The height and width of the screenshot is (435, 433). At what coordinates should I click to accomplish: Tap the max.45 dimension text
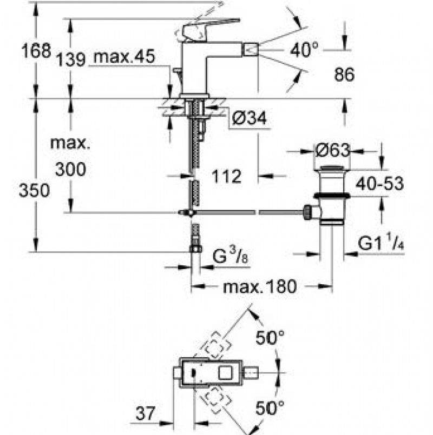click(124, 56)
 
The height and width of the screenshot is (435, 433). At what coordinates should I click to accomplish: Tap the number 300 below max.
click(70, 169)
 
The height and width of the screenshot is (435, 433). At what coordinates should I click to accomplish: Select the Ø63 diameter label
click(332, 150)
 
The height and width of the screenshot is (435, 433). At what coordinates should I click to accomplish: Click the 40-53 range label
click(379, 184)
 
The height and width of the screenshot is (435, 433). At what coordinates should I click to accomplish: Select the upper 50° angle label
click(270, 339)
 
